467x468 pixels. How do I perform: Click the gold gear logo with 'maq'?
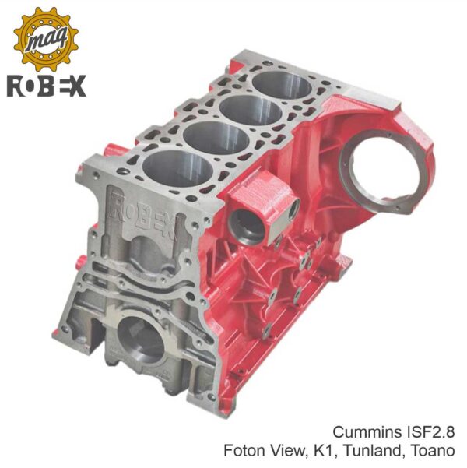(46, 40)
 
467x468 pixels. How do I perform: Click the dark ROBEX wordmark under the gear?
(47, 86)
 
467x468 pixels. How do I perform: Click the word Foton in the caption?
(244, 450)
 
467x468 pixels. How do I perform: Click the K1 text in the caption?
(326, 451)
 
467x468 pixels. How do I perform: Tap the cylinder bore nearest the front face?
(177, 169)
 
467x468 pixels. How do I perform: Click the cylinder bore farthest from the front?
(283, 85)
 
